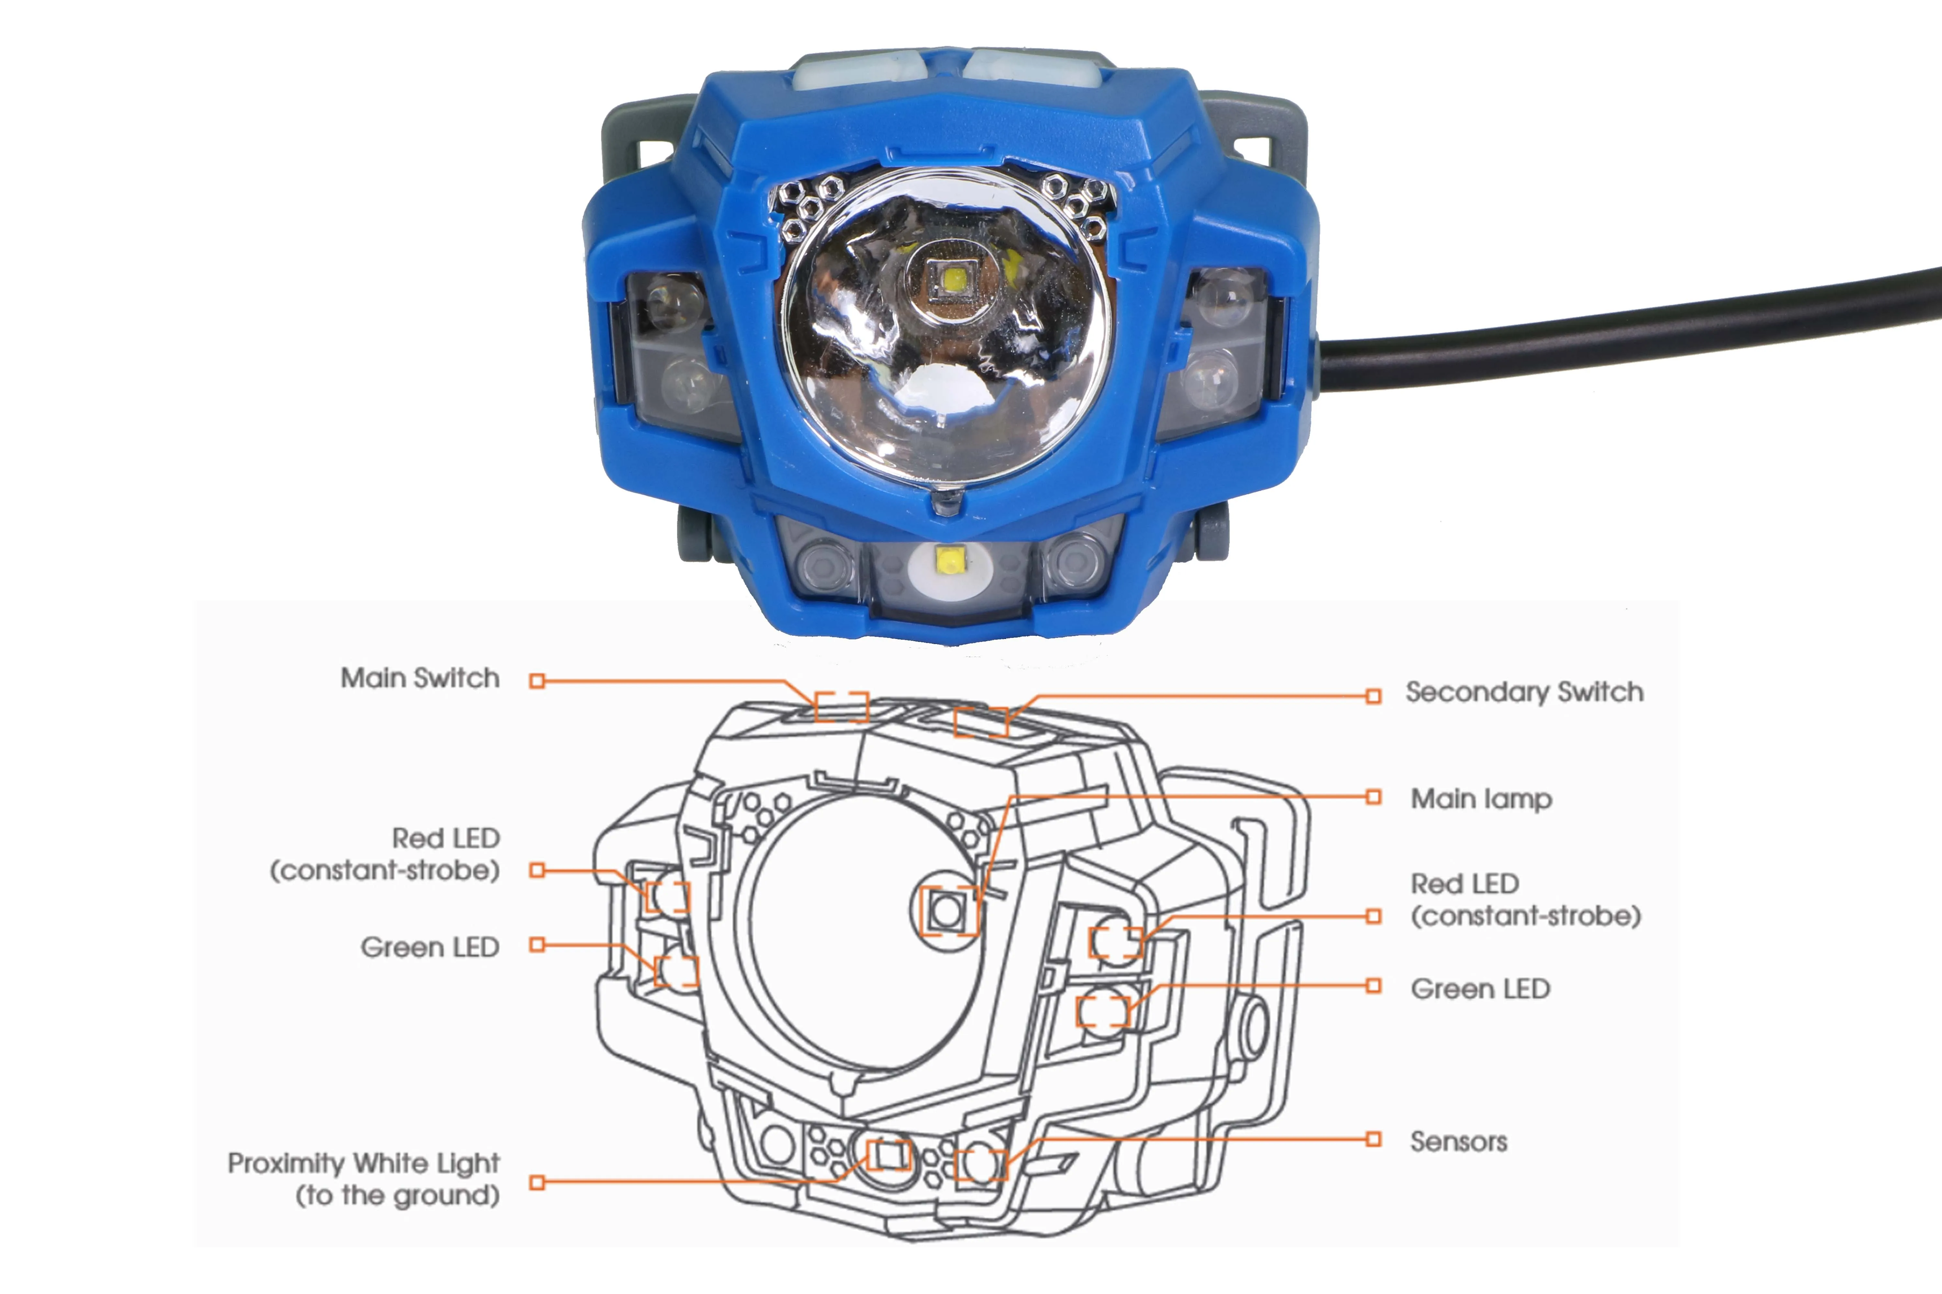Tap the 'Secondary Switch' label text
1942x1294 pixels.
point(1524,692)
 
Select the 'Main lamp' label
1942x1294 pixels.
point(1481,799)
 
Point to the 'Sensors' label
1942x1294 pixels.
point(1458,1142)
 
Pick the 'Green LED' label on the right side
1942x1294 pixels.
point(1479,989)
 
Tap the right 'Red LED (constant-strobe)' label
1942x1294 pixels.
point(1525,900)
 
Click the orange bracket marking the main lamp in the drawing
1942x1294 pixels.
point(948,911)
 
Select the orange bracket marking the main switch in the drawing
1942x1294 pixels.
point(841,707)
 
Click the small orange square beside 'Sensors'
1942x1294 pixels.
point(1373,1140)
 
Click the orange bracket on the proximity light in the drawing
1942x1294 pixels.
point(887,1155)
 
